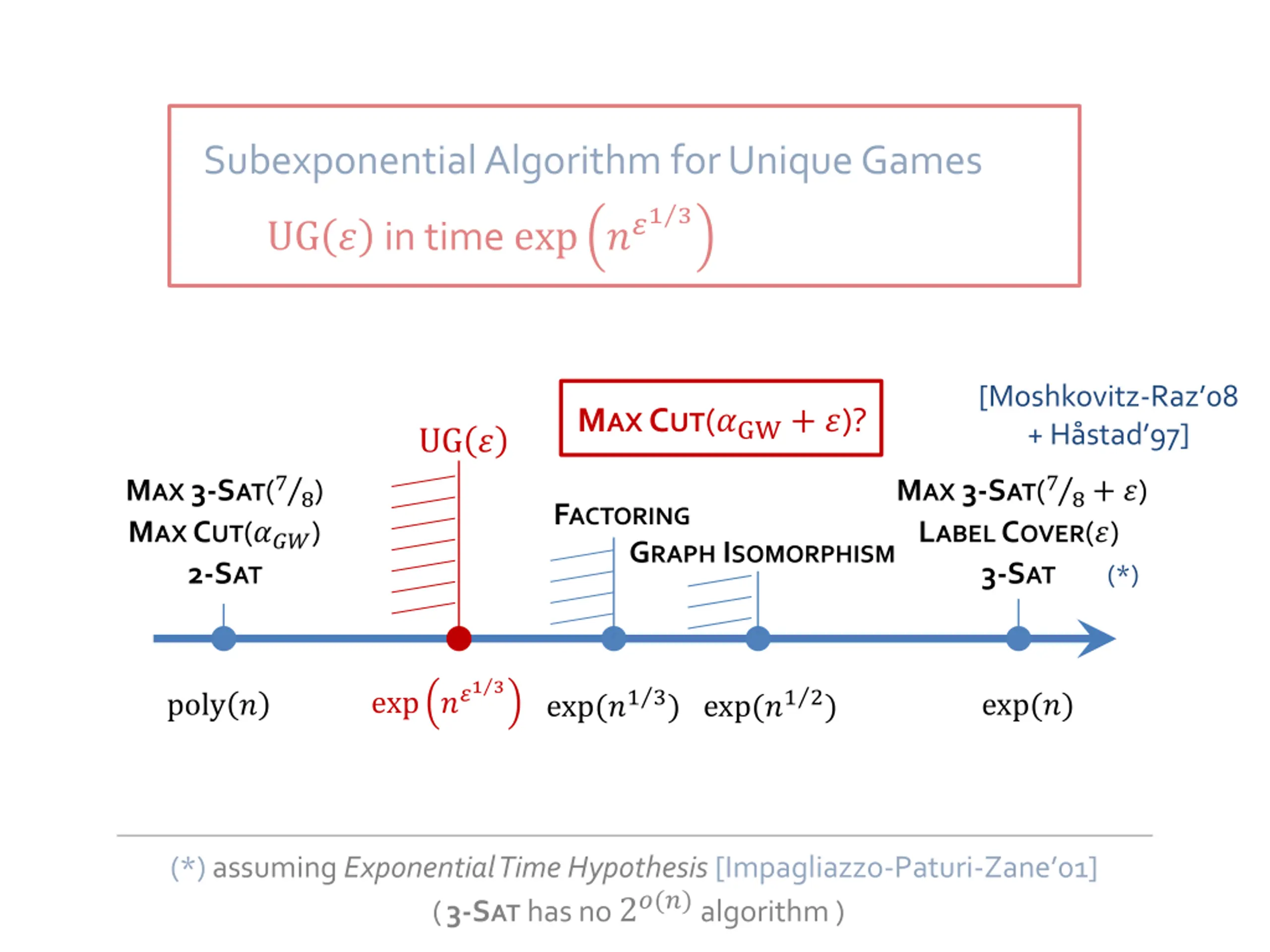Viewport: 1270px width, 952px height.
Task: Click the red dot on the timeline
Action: [459, 639]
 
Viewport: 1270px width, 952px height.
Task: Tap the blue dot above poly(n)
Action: [224, 639]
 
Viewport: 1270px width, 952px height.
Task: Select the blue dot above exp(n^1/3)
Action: [614, 639]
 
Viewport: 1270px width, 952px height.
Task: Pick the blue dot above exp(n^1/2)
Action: [758, 639]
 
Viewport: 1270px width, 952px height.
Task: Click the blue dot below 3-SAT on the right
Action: [1018, 639]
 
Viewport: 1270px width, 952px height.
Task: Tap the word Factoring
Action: [622, 515]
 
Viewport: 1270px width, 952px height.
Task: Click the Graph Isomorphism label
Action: [762, 553]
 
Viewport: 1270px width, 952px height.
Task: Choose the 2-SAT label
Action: [225, 574]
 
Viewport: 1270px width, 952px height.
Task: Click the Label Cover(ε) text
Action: [1018, 533]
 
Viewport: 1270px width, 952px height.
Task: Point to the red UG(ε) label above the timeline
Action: [463, 441]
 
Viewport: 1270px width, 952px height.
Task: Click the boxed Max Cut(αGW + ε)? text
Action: [721, 420]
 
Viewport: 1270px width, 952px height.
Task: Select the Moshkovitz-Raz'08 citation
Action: [1108, 397]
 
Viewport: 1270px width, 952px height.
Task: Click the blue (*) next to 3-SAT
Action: [1123, 576]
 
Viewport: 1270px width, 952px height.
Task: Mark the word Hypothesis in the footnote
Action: [637, 868]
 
